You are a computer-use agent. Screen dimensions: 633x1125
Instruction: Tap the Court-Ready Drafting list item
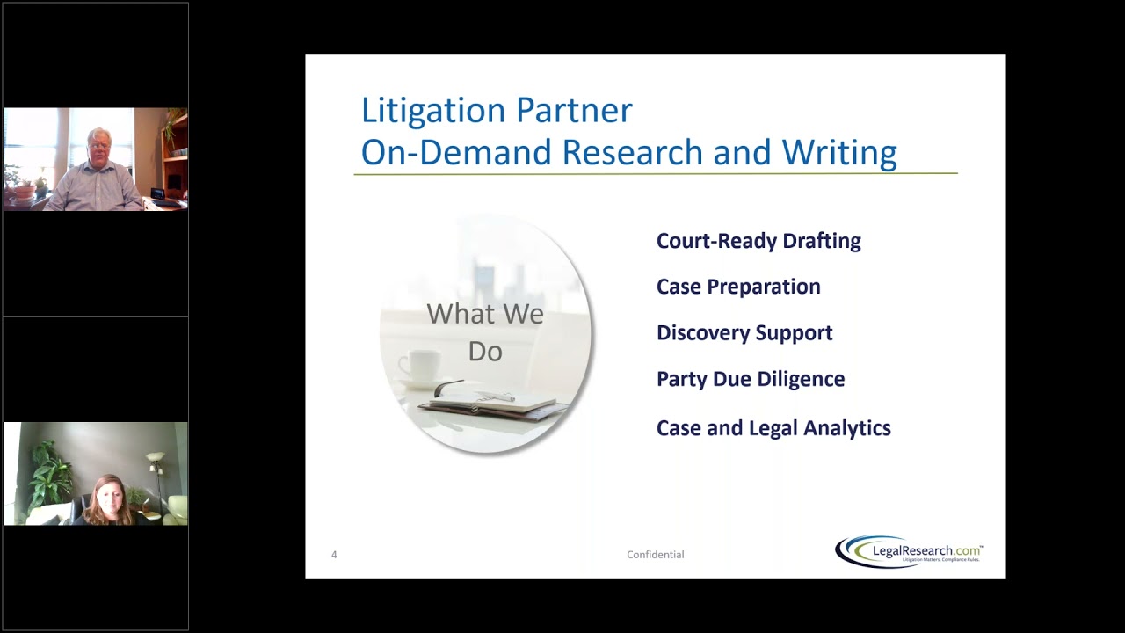[x=758, y=241]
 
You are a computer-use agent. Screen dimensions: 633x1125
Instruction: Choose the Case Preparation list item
[x=738, y=287]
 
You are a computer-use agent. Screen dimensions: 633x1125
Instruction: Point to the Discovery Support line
[x=744, y=332]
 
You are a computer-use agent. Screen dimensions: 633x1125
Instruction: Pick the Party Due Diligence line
[x=751, y=379]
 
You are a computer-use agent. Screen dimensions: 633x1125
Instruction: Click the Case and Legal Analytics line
[x=773, y=428]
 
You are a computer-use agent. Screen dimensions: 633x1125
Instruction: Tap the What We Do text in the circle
[x=485, y=332]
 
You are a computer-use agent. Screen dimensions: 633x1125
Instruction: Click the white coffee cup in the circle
[x=418, y=367]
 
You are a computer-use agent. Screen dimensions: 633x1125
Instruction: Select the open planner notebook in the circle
[x=492, y=402]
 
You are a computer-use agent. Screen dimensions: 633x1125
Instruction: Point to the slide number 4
[x=334, y=555]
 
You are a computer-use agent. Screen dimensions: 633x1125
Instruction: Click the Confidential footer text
[x=655, y=555]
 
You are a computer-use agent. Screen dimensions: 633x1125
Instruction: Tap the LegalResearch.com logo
[x=910, y=552]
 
